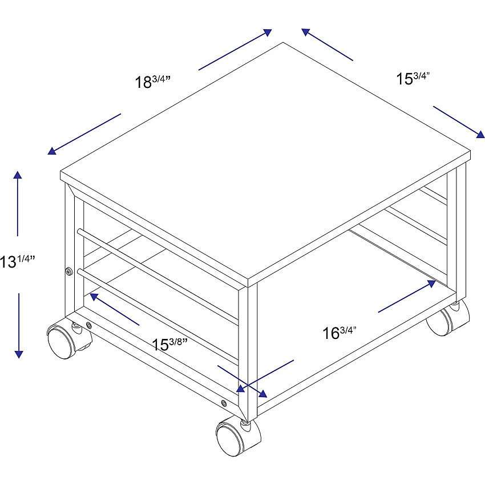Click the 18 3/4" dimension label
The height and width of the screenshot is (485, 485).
coord(153,82)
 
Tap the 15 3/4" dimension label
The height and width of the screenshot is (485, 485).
coord(413,78)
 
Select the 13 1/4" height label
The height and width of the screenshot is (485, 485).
coord(17,261)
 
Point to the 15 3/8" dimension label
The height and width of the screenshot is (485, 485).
coord(170,344)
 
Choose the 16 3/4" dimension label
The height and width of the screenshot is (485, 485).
coord(339,333)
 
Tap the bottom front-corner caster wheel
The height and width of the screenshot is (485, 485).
coord(238,436)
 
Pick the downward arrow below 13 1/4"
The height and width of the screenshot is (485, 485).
coord(19,326)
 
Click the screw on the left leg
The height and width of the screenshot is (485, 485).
coord(68,272)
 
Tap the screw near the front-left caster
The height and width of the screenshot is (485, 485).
coord(89,325)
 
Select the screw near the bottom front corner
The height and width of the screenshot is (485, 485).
coord(224,403)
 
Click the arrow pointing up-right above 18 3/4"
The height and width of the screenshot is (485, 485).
coord(235,50)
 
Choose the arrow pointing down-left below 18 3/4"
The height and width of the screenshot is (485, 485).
coord(84,134)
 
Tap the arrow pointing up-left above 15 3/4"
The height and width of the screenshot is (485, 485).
coord(328,45)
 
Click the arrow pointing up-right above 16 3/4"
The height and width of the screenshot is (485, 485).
coord(407,296)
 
